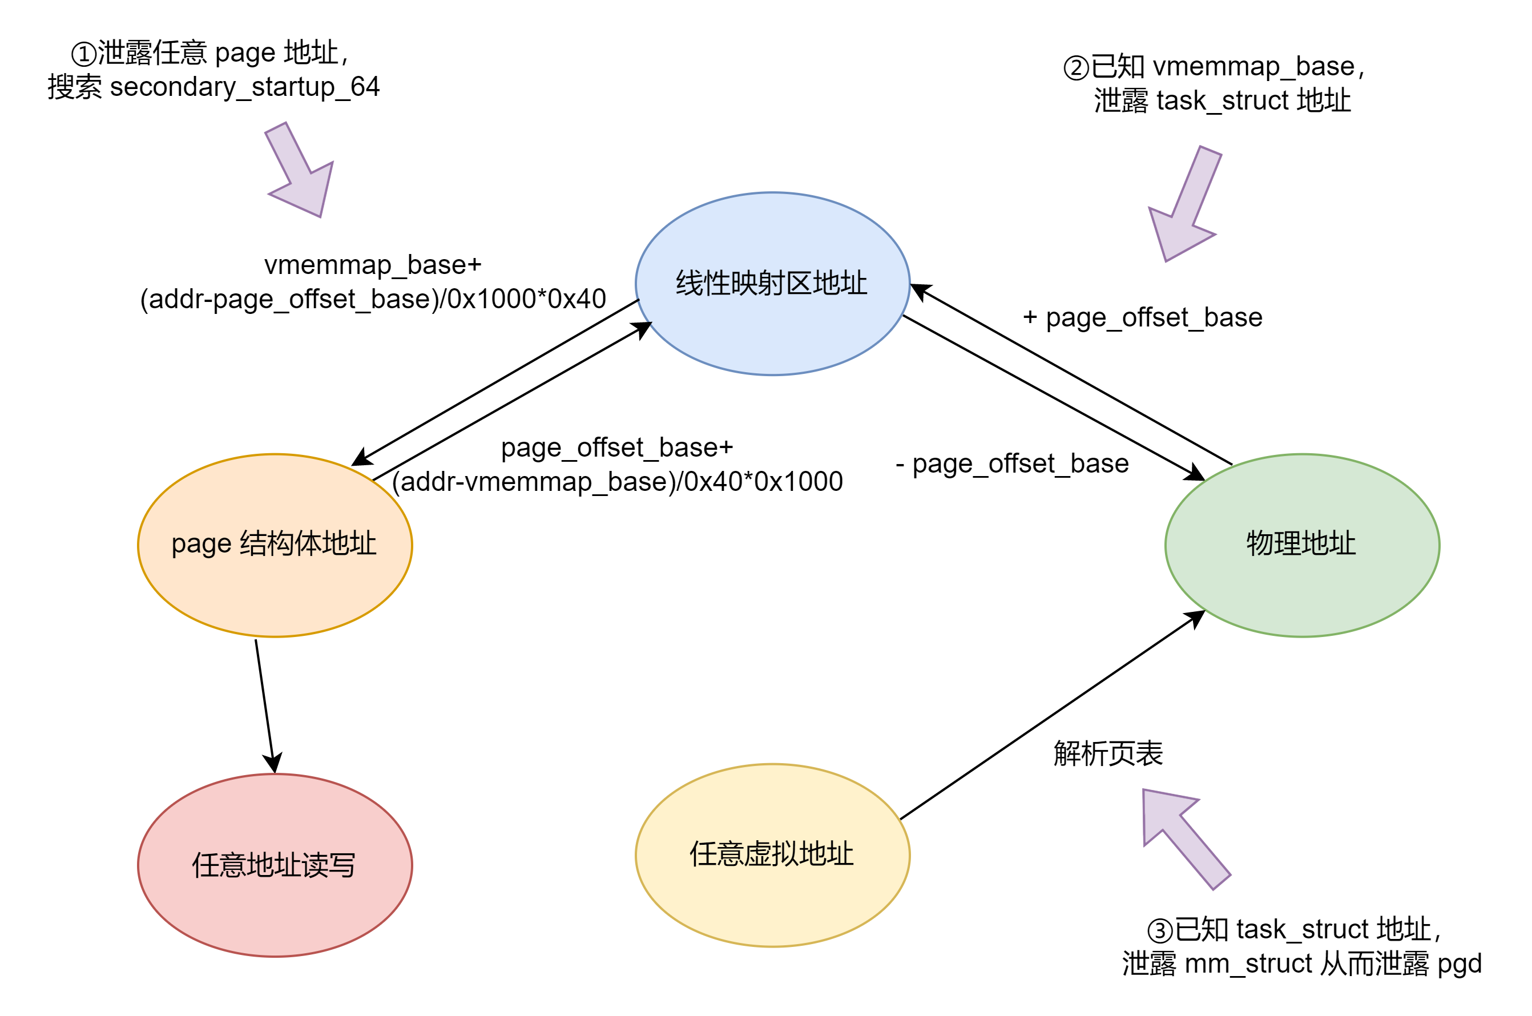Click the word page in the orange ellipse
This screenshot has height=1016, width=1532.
click(201, 545)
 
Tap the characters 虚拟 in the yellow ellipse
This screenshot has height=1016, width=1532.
click(772, 854)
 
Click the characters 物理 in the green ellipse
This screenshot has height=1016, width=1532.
click(1273, 543)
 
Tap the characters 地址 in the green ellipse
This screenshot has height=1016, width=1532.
click(1329, 543)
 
